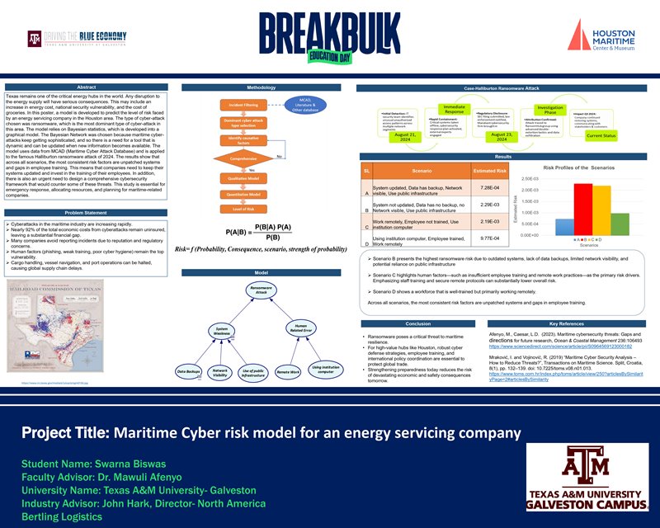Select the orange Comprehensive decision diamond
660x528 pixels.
244,158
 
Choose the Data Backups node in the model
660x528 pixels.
190,372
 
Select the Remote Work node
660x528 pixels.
288,372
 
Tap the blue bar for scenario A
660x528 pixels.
565,222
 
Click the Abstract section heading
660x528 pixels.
87,87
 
